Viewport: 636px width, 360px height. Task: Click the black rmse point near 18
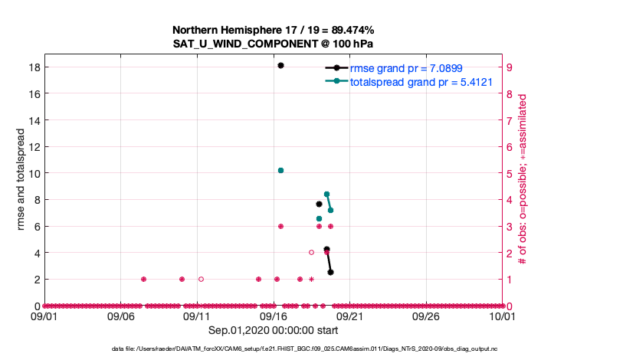281,66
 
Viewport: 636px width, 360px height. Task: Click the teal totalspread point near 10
281,170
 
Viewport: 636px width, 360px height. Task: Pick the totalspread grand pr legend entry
421,81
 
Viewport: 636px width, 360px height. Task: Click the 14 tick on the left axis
34,120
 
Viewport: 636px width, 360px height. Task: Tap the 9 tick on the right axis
510,67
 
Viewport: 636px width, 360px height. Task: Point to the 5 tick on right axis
510,173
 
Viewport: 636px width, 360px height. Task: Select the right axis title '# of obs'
523,179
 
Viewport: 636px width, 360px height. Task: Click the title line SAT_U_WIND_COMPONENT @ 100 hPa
274,44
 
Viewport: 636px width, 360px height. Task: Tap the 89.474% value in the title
350,30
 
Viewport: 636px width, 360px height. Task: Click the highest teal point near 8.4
326,195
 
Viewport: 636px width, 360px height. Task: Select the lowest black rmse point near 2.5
330,272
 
